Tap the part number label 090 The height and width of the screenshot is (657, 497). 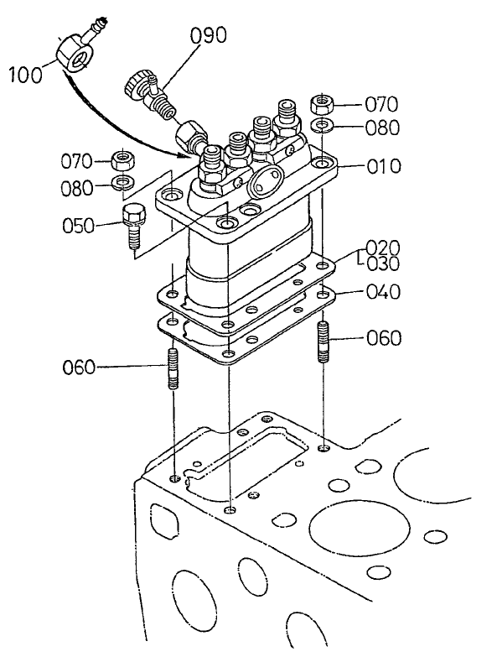click(208, 36)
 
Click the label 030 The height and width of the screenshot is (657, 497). click(382, 263)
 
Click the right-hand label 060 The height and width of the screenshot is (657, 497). click(384, 338)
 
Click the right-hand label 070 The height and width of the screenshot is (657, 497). click(381, 105)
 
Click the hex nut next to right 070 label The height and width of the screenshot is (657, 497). click(324, 105)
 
